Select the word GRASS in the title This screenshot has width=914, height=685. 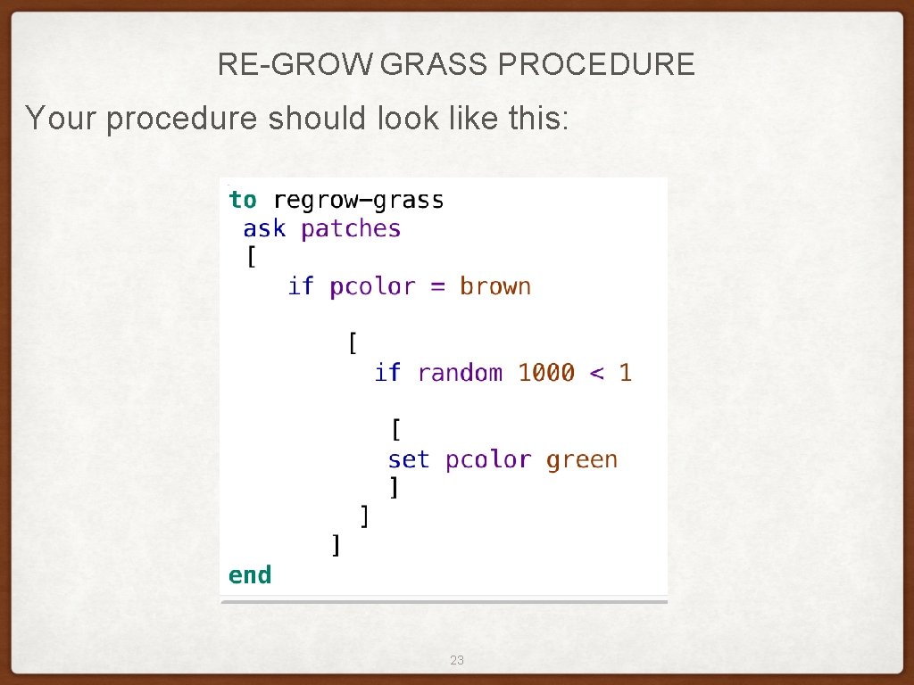(x=435, y=65)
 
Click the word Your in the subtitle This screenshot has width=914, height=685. (x=62, y=117)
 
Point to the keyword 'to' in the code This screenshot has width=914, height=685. (x=242, y=200)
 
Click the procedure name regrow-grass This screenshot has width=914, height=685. (x=358, y=201)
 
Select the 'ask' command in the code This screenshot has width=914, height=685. (x=264, y=229)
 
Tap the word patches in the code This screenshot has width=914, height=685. (x=351, y=229)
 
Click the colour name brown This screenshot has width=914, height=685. (x=495, y=286)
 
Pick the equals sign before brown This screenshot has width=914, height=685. (x=437, y=287)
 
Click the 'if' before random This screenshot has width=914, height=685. (x=387, y=373)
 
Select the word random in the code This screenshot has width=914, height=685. (x=460, y=373)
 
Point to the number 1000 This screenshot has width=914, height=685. (x=546, y=373)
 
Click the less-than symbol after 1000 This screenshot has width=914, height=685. (x=597, y=374)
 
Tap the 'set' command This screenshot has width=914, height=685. (x=409, y=459)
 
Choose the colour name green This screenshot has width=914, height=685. (x=581, y=460)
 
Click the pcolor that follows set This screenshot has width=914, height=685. (x=488, y=460)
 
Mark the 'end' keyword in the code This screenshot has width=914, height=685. (x=250, y=575)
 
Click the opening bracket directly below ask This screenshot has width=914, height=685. (x=251, y=258)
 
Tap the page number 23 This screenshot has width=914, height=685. (x=457, y=660)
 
